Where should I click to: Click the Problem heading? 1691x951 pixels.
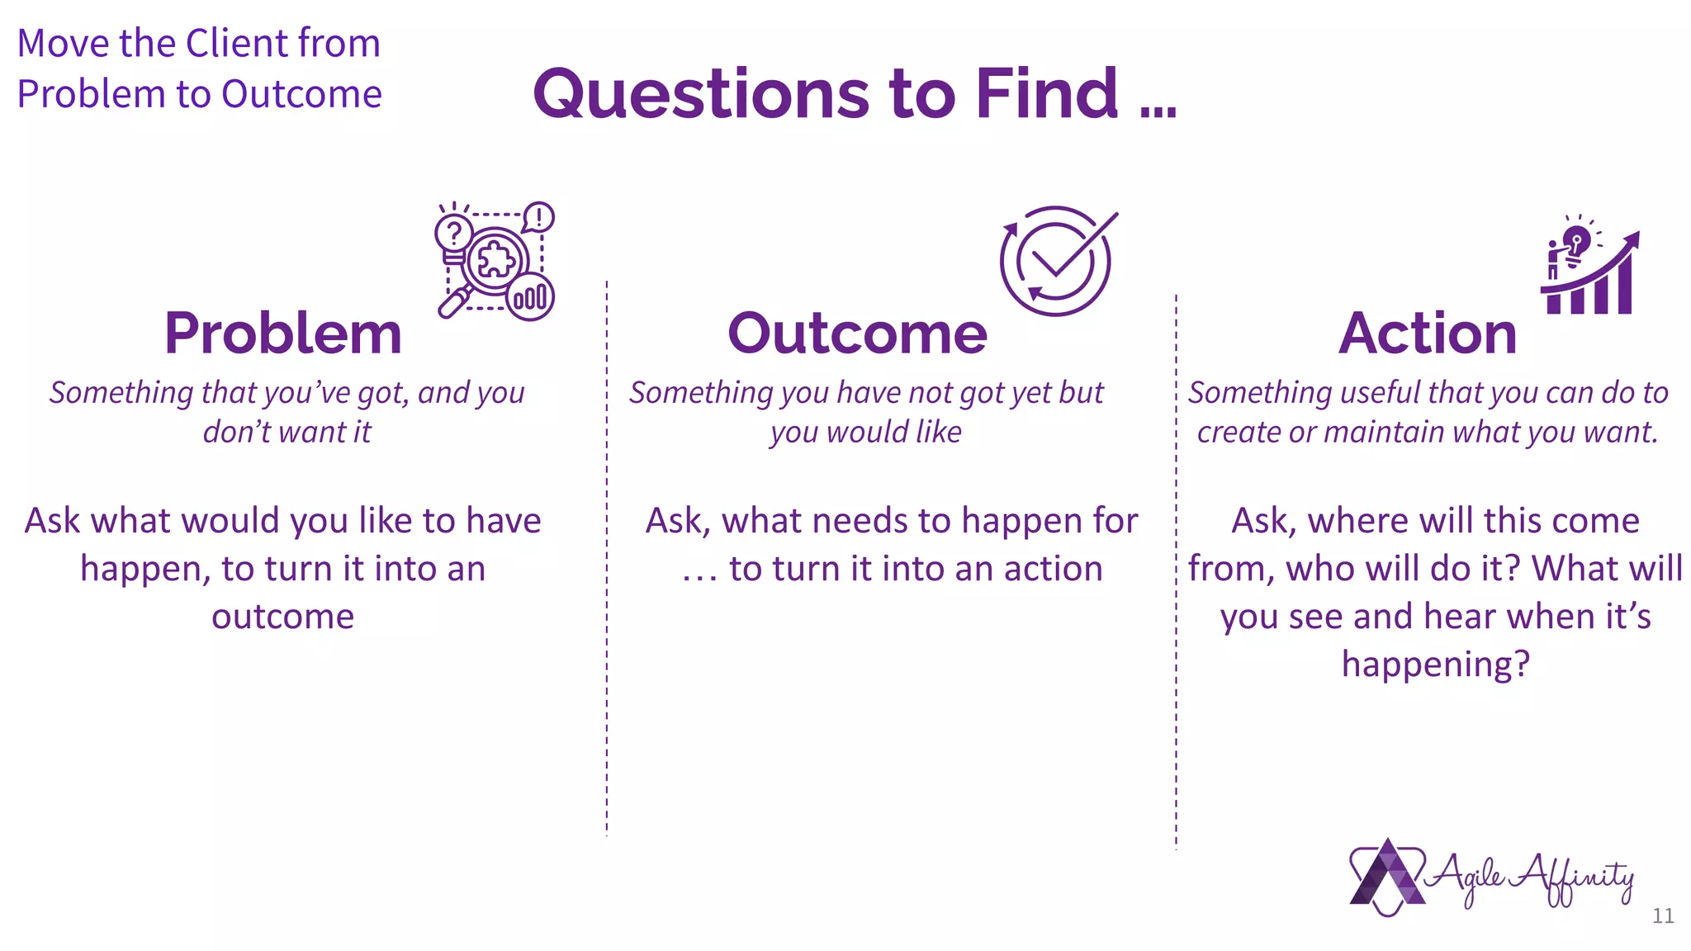coord(282,334)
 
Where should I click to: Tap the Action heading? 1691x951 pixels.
coord(1428,334)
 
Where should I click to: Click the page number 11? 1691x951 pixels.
coord(1663,916)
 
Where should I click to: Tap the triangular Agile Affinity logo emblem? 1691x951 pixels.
coord(1387,877)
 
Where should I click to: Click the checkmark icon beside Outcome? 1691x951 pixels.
coord(1057,260)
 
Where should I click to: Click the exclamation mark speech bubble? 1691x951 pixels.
coord(538,218)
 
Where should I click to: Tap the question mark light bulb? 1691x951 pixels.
coord(453,235)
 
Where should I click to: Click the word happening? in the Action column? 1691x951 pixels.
coord(1435,664)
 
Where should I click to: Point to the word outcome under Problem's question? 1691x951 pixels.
coord(282,617)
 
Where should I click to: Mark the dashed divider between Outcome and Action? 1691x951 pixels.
coord(1176,570)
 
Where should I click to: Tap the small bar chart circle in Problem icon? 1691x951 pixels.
coord(530,297)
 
